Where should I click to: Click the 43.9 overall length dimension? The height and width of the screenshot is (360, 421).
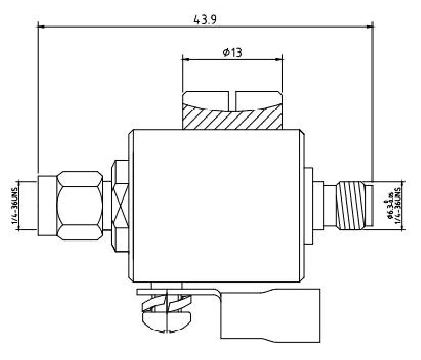[x=205, y=20]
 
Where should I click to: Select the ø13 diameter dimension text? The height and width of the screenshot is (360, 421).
[x=233, y=52]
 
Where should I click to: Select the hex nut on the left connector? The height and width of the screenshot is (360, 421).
[x=79, y=206]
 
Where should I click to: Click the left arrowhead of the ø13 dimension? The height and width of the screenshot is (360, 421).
[x=186, y=59]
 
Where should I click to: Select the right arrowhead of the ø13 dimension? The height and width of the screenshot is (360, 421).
[x=279, y=59]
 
